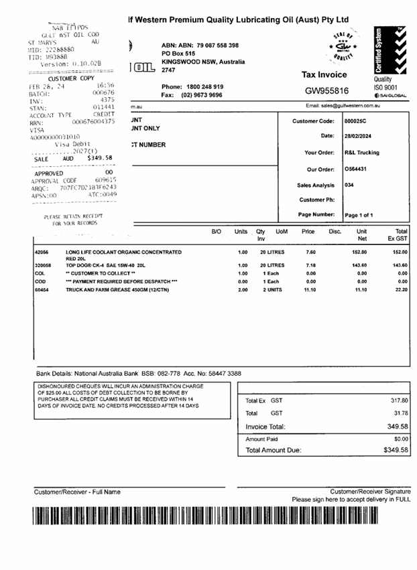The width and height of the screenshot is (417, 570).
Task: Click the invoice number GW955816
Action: pyautogui.click(x=326, y=90)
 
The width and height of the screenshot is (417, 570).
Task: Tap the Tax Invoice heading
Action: pyautogui.click(x=324, y=75)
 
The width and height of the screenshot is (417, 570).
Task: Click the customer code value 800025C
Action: pyautogui.click(x=356, y=121)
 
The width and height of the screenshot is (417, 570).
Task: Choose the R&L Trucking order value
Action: pyautogui.click(x=361, y=153)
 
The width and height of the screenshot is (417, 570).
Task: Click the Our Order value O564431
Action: pyautogui.click(x=356, y=169)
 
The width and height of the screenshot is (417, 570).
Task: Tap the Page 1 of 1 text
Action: pyautogui.click(x=359, y=216)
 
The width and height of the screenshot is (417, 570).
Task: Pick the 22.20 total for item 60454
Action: pyautogui.click(x=400, y=290)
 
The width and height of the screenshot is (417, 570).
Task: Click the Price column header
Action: pyautogui.click(x=308, y=232)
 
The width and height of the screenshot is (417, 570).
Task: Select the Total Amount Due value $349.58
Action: pyautogui.click(x=396, y=450)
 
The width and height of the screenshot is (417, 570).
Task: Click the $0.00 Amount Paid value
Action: pyautogui.click(x=401, y=439)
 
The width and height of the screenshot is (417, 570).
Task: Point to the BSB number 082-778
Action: pyautogui.click(x=180, y=373)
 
